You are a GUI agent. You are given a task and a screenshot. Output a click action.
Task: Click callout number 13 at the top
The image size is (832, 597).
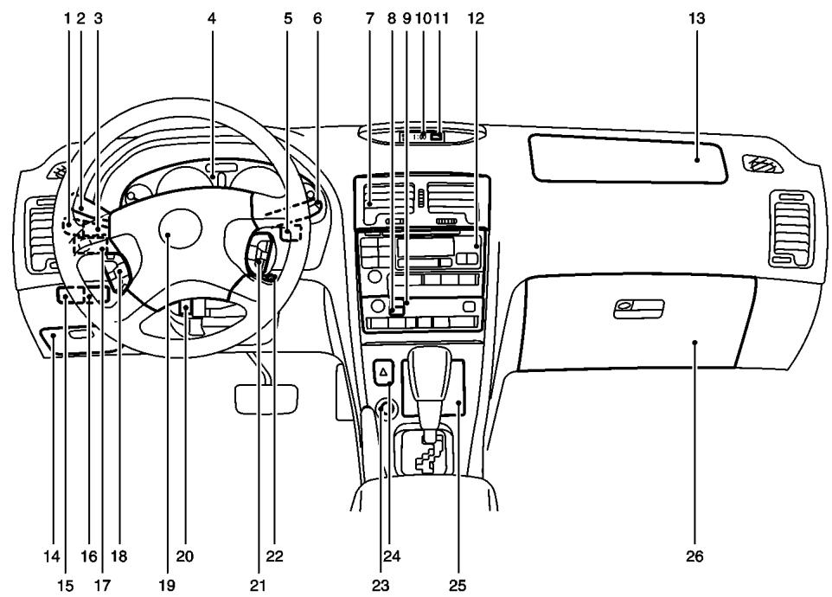697,16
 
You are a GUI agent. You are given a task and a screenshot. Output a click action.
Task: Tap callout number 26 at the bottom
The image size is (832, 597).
695,557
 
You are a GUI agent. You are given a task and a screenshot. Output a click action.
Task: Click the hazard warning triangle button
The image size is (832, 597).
382,372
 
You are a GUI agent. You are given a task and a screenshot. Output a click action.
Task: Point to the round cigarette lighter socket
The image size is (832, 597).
381,406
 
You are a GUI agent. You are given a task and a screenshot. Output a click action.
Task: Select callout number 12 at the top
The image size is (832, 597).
476,16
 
